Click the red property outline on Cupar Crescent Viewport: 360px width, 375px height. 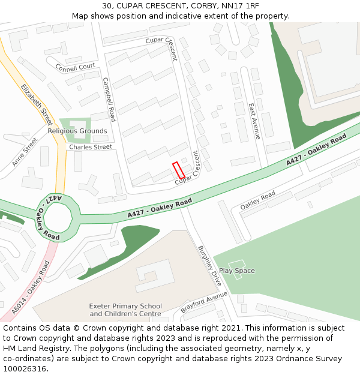click(x=178, y=170)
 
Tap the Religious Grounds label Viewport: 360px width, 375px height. click(x=77, y=131)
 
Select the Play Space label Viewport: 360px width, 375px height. click(x=236, y=271)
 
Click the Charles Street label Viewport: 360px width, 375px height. click(x=90, y=147)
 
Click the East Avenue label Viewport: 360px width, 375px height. click(x=254, y=121)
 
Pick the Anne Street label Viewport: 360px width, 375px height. click(x=25, y=152)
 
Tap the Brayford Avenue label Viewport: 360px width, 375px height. click(x=204, y=302)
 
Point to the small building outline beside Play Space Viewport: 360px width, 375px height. click(x=236, y=264)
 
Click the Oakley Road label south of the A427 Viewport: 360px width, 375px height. click(x=257, y=200)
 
